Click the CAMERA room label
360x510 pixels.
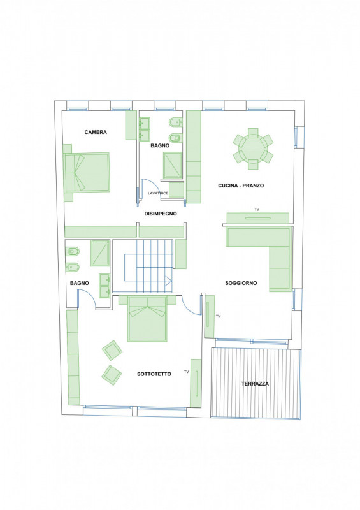pos(96,132)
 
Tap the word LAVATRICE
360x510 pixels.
pos(158,193)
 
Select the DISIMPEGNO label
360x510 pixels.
pos(161,214)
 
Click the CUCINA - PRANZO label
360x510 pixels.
pos(241,186)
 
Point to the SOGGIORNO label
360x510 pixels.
pos(241,283)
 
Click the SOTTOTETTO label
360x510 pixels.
pos(154,374)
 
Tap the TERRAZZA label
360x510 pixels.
pos(256,384)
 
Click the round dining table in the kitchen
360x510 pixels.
pos(253,149)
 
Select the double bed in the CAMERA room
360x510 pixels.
pos(87,172)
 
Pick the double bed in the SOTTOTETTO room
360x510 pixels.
pos(147,318)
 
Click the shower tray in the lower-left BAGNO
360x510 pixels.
pos(100,253)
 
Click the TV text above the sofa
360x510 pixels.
pos(257,210)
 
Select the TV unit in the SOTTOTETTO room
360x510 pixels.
pos(196,383)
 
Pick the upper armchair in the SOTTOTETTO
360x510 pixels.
pos(112,350)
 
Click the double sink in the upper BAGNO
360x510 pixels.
pos(145,129)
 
